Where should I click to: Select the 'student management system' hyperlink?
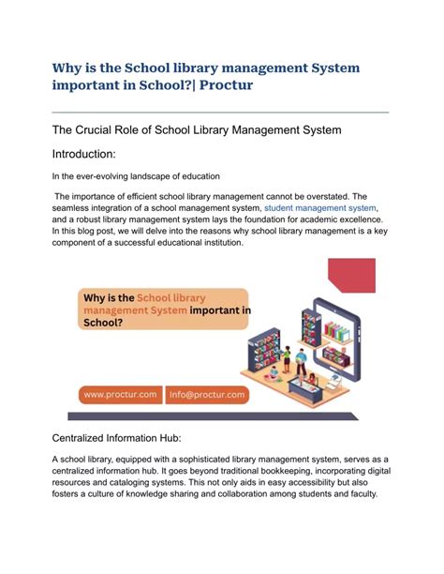pos(320,207)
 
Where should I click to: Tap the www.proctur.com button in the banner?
pos(119,395)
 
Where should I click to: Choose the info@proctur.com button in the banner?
pos(208,395)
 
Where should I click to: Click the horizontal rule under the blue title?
pos(220,113)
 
